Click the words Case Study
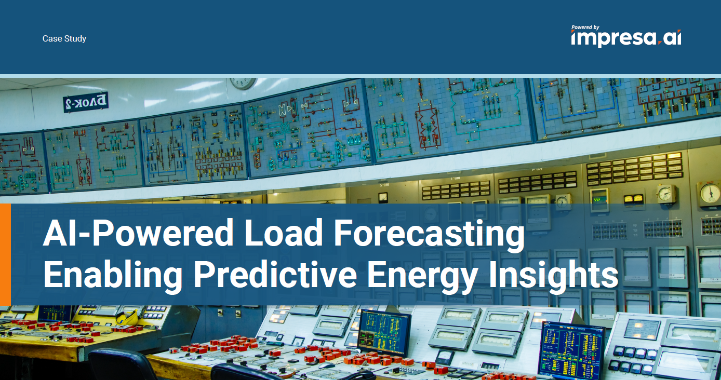coord(64,38)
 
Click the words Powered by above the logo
coord(585,28)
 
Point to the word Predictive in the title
coord(275,275)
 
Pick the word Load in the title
coord(284,233)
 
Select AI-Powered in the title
coord(138,233)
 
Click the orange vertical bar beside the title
coord(6,254)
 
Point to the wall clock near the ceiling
coord(243,83)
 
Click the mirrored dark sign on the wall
coord(86,102)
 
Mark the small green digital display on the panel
coord(598,199)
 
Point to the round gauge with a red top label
coord(710,193)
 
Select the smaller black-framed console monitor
coord(384,332)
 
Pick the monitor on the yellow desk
coord(55,313)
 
